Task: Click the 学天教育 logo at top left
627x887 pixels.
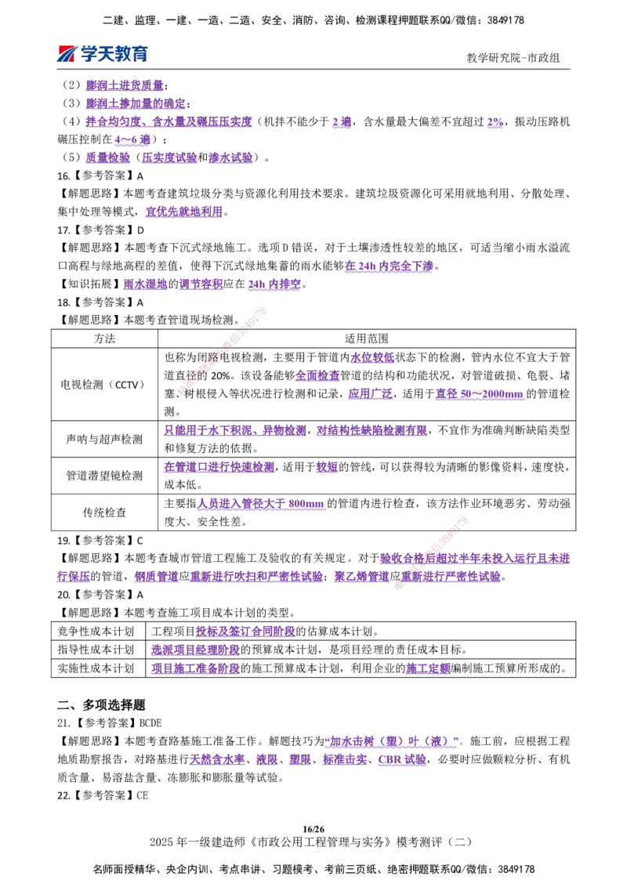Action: [x=103, y=54]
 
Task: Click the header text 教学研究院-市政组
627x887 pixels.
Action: [x=513, y=58]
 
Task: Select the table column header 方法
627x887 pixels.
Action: [x=105, y=339]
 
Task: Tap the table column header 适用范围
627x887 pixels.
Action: [x=367, y=339]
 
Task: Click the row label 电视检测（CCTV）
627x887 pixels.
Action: [x=104, y=385]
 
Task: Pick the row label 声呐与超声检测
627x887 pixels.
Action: [x=104, y=439]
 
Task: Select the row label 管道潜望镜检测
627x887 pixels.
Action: [x=104, y=476]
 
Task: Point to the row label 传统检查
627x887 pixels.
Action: [x=105, y=512]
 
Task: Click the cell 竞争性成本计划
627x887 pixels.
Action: [x=96, y=632]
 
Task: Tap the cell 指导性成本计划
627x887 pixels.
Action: [x=96, y=650]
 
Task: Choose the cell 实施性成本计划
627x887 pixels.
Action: [x=96, y=668]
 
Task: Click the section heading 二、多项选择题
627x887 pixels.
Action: [x=101, y=705]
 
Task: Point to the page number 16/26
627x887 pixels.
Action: [x=313, y=829]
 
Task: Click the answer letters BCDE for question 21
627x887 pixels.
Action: [x=150, y=723]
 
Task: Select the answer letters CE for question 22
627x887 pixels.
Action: [x=142, y=795]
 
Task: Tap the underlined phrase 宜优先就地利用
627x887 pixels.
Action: [x=184, y=212]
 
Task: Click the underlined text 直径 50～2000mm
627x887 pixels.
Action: [x=480, y=393]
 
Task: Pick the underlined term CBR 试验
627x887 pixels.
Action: [x=402, y=759]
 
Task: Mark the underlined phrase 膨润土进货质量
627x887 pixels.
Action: [x=125, y=85]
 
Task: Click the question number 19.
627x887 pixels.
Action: [x=63, y=540]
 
